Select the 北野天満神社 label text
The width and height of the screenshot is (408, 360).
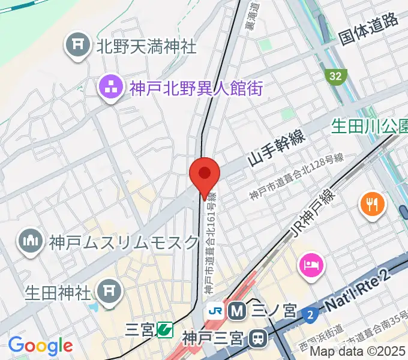pyautogui.click(x=146, y=47)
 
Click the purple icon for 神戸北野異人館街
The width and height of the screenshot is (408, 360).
pyautogui.click(x=112, y=89)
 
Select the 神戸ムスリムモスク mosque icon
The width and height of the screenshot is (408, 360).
pyautogui.click(x=29, y=242)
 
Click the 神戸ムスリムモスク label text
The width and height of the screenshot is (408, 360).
pyautogui.click(x=124, y=242)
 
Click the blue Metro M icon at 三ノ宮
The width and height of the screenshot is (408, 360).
pyautogui.click(x=238, y=311)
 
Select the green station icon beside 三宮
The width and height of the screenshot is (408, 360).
pyautogui.click(x=164, y=329)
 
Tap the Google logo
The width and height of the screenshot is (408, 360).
pyautogui.click(x=40, y=346)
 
